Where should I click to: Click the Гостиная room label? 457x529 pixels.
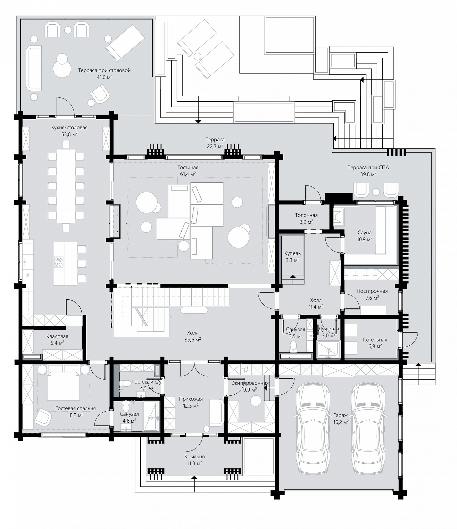pos(188,167)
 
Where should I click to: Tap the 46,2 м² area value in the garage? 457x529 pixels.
pos(340,422)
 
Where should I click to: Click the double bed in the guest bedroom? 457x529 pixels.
pos(64,382)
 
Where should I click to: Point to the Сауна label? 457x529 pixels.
pos(365,233)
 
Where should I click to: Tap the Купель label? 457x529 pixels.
pos(292,253)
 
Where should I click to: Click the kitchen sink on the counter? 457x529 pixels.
pos(28,262)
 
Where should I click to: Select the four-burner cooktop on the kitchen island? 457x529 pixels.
pos(59,262)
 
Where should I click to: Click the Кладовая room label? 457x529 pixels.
pos(57,336)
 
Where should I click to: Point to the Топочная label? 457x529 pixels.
pos(306,215)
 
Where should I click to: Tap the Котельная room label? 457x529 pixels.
pos(375,340)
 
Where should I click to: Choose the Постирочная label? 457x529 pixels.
pos(372,291)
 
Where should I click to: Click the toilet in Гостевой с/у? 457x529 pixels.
pos(124,383)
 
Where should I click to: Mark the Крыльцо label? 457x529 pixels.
pos(195,457)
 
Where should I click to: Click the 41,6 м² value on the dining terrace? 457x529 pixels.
pos(104,77)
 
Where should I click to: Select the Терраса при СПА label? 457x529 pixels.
pos(368,167)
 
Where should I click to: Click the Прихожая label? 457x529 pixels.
pos(191,399)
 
